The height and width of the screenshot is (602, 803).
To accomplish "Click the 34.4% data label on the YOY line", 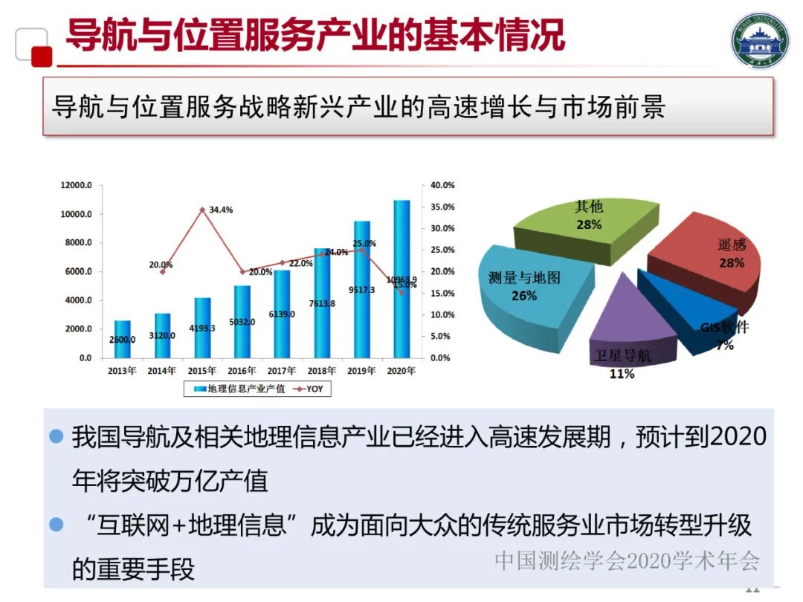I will point(220,210).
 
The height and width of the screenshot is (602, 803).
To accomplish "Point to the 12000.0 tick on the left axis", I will point(76,185).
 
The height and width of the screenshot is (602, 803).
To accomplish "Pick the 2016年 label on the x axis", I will point(242,371).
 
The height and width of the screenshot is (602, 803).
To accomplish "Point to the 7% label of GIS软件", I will point(725,346).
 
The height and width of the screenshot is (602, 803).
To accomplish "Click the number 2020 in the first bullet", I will point(738,436).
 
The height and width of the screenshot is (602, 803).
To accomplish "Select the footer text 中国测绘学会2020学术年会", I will point(628,560).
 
